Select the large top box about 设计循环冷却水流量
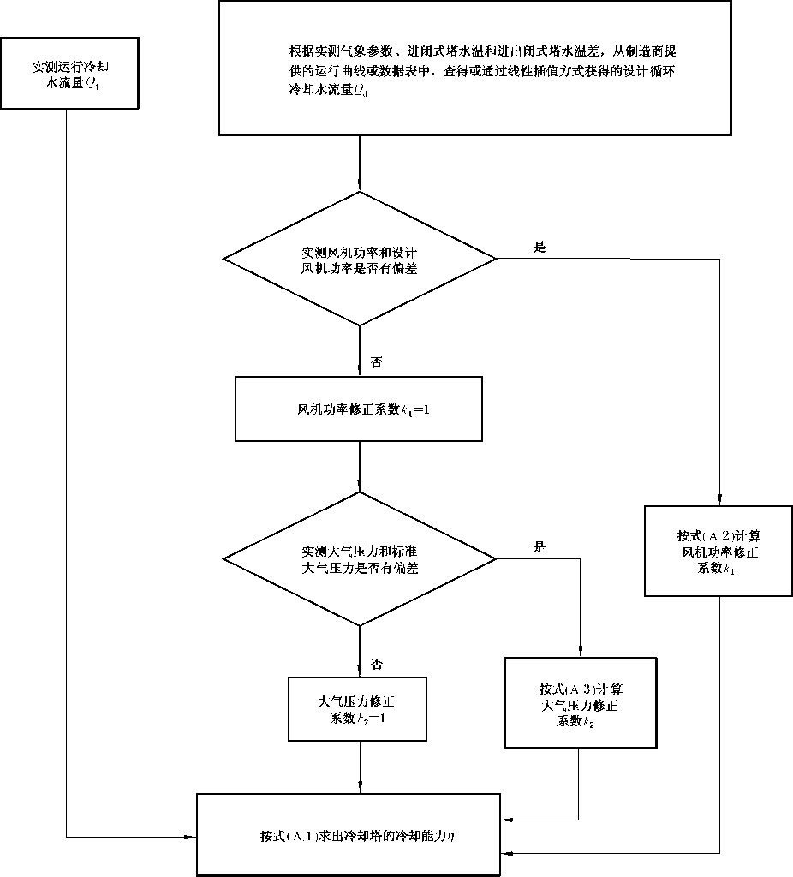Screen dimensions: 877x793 tap(475, 68)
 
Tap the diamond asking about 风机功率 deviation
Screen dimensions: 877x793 tap(360, 259)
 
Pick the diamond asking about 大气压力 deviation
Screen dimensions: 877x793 tap(360, 558)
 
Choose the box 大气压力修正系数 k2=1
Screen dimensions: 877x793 tap(358, 708)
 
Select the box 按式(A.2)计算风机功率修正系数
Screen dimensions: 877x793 tap(717, 552)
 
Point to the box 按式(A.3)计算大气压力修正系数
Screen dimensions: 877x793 tap(580, 701)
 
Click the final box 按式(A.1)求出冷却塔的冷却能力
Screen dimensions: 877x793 tap(360, 834)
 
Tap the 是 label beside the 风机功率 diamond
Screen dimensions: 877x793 tap(540, 247)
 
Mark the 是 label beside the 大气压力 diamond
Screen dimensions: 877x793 tap(540, 546)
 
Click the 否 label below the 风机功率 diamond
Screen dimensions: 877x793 tap(376, 362)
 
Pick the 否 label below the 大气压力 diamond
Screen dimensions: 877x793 tap(376, 663)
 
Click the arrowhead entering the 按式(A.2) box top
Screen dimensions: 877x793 tap(718, 503)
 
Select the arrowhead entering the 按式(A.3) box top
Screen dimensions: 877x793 tap(580, 652)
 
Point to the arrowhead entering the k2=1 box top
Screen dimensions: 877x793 tap(360, 671)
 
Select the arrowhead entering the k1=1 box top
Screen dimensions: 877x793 tap(360, 373)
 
